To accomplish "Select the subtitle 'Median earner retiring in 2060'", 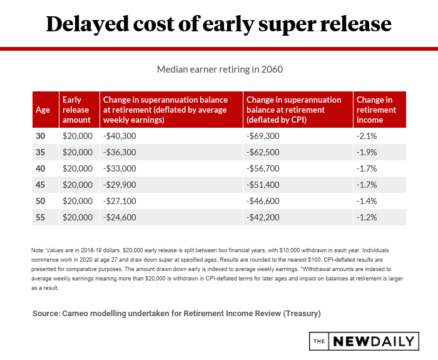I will (x=218, y=69).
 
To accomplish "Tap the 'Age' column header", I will (x=43, y=110).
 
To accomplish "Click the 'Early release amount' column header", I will (x=77, y=110).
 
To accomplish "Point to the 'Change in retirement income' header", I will (x=375, y=110).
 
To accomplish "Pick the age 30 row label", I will (x=41, y=136).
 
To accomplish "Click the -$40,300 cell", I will (x=120, y=136).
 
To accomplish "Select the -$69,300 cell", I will (x=264, y=136).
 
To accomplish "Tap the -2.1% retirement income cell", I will (x=367, y=136).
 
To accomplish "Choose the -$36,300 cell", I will (x=120, y=152).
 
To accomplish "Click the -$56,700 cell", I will (x=264, y=168).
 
